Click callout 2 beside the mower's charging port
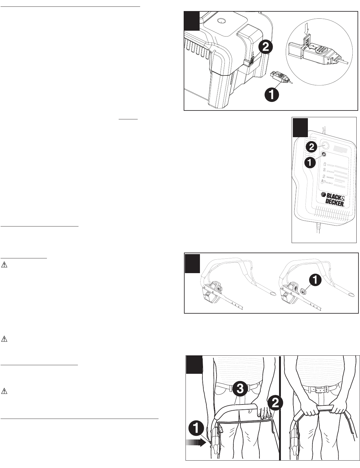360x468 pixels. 264,48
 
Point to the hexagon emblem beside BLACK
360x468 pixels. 324,195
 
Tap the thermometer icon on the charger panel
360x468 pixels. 323,183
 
